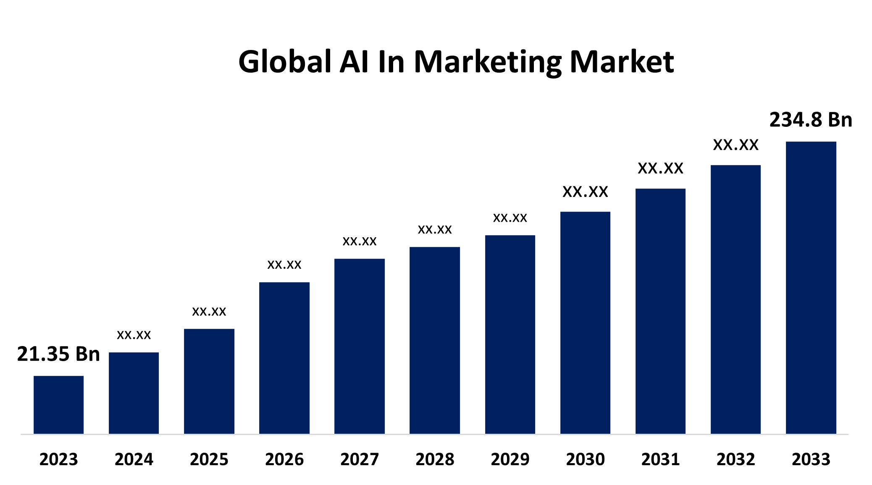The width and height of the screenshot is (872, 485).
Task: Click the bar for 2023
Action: click(58, 405)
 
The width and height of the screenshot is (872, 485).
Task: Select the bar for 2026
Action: click(284, 358)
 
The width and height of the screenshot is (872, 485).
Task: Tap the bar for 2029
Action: click(510, 334)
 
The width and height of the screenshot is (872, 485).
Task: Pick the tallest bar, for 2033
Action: click(811, 288)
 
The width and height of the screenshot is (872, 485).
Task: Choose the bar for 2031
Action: click(660, 311)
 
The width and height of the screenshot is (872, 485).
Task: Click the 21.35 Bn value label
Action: click(58, 354)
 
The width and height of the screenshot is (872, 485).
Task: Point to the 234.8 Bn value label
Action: click(811, 120)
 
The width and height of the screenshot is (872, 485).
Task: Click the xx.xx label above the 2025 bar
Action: click(209, 312)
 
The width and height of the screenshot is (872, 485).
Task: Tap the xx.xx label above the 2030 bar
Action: click(585, 192)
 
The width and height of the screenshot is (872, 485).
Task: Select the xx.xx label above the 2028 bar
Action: click(435, 230)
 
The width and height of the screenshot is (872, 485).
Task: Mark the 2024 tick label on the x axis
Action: click(134, 459)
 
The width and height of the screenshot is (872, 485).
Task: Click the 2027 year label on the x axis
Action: click(360, 459)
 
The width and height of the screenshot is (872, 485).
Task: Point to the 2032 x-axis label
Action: click(735, 459)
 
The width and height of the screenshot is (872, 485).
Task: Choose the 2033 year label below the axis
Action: click(811, 459)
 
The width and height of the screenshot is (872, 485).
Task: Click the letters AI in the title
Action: click(355, 62)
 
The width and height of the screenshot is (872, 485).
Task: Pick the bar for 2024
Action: click(134, 393)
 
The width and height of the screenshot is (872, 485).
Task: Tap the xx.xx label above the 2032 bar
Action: click(735, 145)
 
